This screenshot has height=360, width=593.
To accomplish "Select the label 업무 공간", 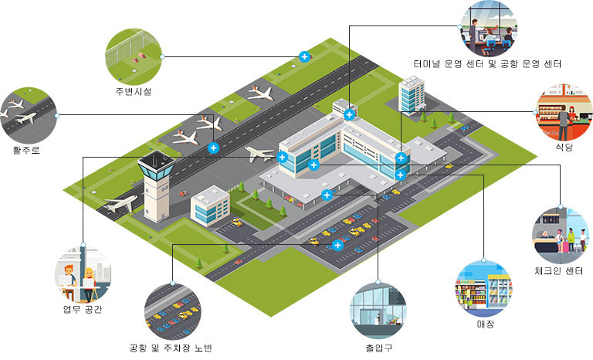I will (x=82, y=310).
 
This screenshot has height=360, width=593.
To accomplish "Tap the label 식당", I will (x=563, y=145).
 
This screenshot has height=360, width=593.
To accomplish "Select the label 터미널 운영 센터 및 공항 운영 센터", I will (x=486, y=63).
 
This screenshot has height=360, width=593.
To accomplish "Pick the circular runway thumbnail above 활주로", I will (x=29, y=114).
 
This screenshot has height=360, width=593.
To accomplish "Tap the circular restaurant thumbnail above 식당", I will (x=563, y=110).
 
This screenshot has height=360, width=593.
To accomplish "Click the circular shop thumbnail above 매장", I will (x=484, y=287).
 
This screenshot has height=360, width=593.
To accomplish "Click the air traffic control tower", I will (x=154, y=185).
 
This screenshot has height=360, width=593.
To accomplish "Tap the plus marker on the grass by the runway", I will (x=304, y=56).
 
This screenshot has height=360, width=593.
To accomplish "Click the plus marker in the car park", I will (x=337, y=246).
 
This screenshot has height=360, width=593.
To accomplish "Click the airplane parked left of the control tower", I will (x=120, y=205).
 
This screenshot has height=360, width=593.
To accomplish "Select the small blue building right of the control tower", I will (x=210, y=205).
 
